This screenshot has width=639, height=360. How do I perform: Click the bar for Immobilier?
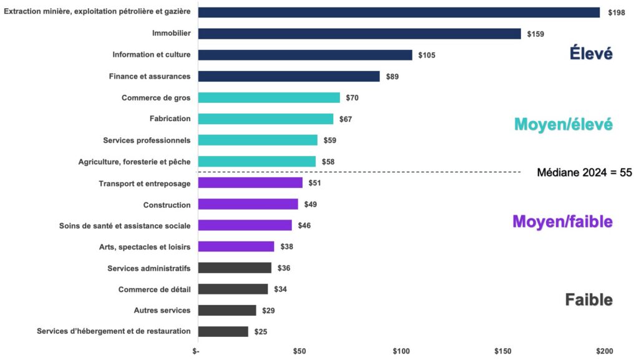(359, 34)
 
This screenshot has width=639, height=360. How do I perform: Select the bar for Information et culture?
(305, 55)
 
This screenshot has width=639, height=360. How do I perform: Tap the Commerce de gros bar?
(268, 97)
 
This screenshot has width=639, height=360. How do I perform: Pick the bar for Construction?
(247, 204)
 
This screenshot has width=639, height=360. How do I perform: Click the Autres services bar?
(227, 310)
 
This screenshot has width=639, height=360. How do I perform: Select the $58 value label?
(328, 162)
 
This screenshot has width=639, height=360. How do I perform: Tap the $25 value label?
(261, 331)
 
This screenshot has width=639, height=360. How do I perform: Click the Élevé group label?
(590, 54)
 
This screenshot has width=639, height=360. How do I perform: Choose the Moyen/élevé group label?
(563, 124)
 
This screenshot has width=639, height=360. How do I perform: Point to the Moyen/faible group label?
(562, 221)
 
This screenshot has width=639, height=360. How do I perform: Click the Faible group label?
(588, 299)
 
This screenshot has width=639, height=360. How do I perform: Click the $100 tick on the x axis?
(401, 351)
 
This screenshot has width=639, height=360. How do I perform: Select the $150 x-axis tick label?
(503, 351)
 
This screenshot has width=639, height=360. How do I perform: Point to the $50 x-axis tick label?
(299, 351)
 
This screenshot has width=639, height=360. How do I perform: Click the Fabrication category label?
(170, 119)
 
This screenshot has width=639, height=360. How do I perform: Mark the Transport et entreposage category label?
(145, 183)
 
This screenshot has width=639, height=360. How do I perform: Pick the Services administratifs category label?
(149, 268)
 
